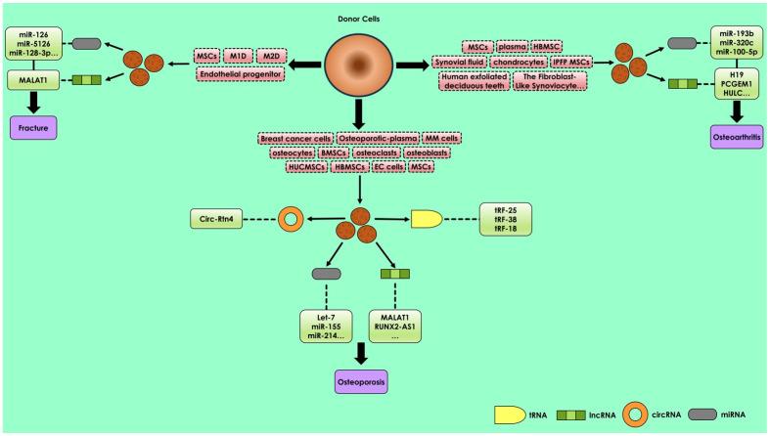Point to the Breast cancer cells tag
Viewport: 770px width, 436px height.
click(294, 139)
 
